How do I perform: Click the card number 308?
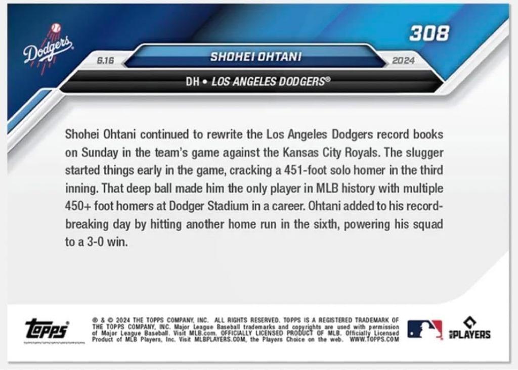tap(429, 33)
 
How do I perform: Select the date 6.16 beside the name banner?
tap(105, 61)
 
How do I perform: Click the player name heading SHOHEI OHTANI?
tap(255, 57)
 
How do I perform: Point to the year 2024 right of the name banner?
tap(403, 61)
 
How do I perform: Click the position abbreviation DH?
tap(192, 81)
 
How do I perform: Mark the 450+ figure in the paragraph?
tap(79, 206)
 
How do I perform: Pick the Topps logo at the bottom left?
tap(47, 330)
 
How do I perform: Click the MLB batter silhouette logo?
tap(424, 330)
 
